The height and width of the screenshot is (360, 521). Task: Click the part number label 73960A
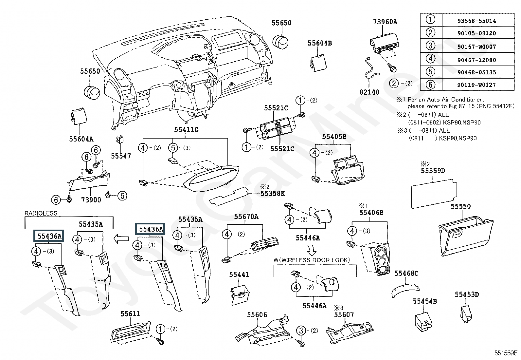pyautogui.click(x=385, y=22)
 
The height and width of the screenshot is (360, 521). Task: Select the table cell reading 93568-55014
pyautogui.click(x=476, y=21)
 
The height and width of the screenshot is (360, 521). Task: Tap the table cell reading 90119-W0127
pyautogui.click(x=476, y=85)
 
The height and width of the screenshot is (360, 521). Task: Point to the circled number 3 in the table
pyautogui.click(x=430, y=46)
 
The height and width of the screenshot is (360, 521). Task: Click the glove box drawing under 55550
pyautogui.click(x=466, y=236)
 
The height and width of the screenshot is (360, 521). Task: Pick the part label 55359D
pyautogui.click(x=433, y=171)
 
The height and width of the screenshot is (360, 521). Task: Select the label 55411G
pyautogui.click(x=186, y=129)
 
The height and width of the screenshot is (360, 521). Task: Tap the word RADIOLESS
pyautogui.click(x=41, y=213)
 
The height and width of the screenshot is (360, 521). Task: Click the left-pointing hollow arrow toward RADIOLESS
pyautogui.click(x=121, y=239)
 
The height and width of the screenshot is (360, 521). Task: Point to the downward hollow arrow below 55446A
pyautogui.click(x=312, y=250)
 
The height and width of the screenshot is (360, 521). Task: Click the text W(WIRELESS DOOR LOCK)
pyautogui.click(x=312, y=260)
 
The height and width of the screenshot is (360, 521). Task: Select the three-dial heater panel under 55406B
pyautogui.click(x=381, y=259)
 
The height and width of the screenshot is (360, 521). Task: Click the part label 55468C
pyautogui.click(x=406, y=274)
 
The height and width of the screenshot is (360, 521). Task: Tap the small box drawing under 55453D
pyautogui.click(x=466, y=314)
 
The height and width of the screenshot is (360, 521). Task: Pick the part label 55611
pyautogui.click(x=130, y=314)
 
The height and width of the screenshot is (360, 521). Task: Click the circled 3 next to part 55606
pyautogui.click(x=301, y=331)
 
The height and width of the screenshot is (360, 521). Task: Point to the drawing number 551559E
pyautogui.click(x=506, y=353)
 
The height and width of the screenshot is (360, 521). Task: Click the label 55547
pyautogui.click(x=121, y=156)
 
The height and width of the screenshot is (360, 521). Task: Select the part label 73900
pyautogui.click(x=91, y=200)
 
